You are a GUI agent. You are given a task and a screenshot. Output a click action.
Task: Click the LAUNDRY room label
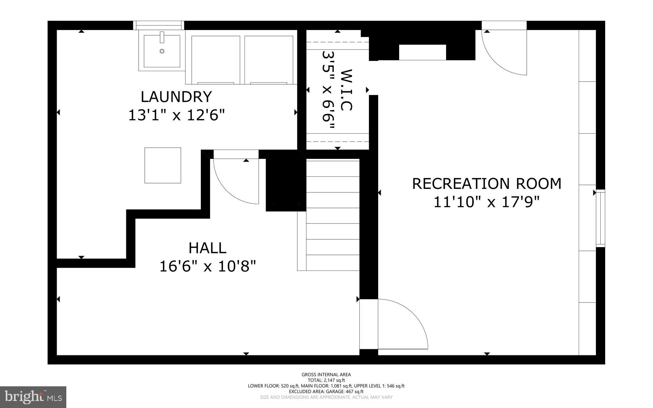(x=176, y=97)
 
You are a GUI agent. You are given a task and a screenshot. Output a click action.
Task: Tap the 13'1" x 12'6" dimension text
(x=176, y=115)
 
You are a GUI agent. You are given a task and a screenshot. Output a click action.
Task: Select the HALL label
(x=208, y=248)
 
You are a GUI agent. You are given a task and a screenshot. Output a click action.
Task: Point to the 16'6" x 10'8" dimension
(x=208, y=266)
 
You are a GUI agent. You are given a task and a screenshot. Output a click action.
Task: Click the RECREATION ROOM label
(x=487, y=184)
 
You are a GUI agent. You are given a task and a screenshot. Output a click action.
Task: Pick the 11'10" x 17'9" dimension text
(x=487, y=202)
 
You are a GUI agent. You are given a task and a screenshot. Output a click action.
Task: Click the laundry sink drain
(x=162, y=51)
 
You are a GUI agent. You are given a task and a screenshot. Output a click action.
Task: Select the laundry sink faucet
(x=162, y=37)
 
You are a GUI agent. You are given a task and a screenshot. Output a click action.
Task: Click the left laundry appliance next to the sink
(x=216, y=60)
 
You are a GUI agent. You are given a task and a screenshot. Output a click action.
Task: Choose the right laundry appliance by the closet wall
(x=269, y=60)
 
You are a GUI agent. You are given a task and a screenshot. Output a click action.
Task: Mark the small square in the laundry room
(x=163, y=165)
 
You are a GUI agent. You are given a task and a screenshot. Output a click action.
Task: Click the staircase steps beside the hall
(x=333, y=215)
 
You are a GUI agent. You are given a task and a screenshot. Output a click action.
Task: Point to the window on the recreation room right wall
(x=600, y=218)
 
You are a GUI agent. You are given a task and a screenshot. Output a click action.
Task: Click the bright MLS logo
(x=33, y=397)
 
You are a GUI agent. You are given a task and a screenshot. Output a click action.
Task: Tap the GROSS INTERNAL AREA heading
(x=326, y=375)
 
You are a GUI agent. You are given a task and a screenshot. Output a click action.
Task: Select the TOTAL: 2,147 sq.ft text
(x=326, y=380)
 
